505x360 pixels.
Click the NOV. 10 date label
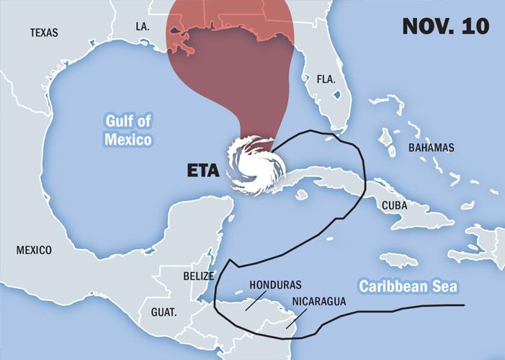(445, 25)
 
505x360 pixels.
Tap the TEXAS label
(43, 32)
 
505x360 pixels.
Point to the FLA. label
(326, 79)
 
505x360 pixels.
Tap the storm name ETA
(202, 171)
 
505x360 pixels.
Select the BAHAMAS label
(431, 148)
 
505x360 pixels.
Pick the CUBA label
(394, 205)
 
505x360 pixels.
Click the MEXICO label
(34, 250)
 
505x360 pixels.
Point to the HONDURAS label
(275, 284)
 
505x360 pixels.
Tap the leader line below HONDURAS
(255, 302)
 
